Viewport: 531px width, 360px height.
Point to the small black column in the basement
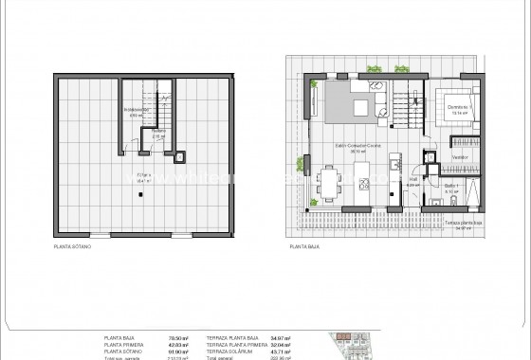(140, 194)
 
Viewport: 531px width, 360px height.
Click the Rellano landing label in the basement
(159, 132)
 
